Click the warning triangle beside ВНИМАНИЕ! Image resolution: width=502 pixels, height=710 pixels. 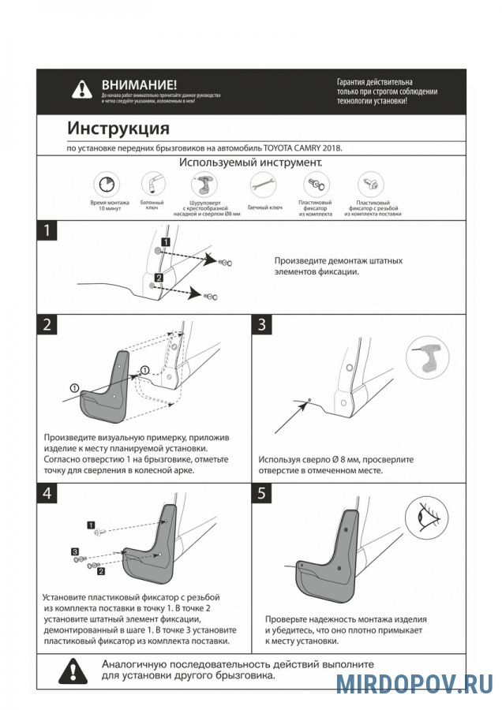coord(82,89)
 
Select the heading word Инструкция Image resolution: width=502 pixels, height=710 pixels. coord(118,128)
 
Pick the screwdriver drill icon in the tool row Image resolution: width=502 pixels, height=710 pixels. coord(204,185)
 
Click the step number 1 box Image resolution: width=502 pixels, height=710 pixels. coord(48,231)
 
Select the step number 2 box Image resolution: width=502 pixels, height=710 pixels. coord(48,325)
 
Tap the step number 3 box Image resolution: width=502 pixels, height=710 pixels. coord(262,325)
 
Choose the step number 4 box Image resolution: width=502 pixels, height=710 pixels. coord(48,493)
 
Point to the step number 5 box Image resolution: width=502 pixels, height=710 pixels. coord(262,493)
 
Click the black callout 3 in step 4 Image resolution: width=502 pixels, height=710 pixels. coord(74,551)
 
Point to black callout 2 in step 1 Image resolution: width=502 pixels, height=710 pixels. coord(159,278)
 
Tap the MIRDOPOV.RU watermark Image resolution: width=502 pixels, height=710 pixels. coord(414,682)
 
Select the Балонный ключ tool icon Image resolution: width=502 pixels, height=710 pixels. coord(149,184)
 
